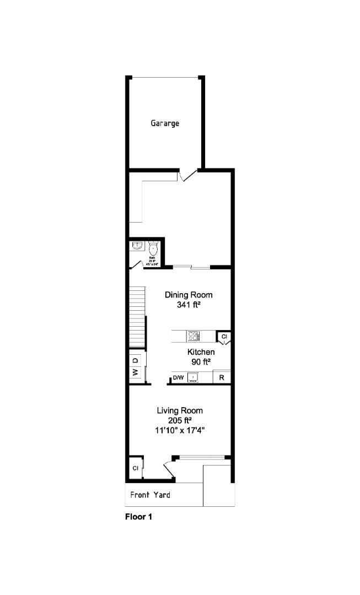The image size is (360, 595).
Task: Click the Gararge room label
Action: pos(165,123)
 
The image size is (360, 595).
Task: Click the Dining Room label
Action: pos(189,295)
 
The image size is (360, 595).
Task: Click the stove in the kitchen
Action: pos(193,336)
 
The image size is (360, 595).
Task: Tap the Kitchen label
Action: pos(201,352)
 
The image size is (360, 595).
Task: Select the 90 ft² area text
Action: pos(201,362)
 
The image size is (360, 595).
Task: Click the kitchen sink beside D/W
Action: pos(193,377)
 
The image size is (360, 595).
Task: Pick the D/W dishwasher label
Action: pos(178,377)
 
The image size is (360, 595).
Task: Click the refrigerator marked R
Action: pos(222,377)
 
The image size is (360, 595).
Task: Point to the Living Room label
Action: pos(180,410)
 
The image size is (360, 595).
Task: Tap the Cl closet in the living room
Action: pos(135,468)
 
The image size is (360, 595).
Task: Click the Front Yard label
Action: pos(150,495)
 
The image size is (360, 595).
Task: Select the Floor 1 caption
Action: pos(138,517)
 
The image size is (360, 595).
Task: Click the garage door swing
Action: pos(188,175)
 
